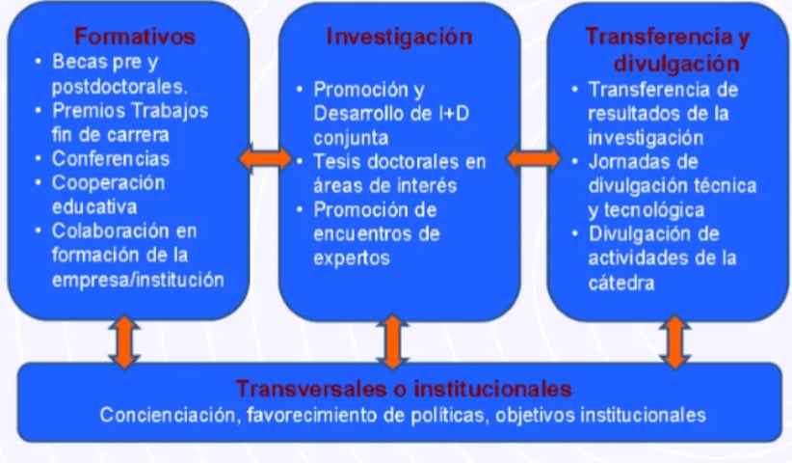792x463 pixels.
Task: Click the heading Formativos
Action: click(x=135, y=37)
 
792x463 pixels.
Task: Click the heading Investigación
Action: click(x=399, y=37)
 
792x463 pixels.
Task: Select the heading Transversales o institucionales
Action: click(x=404, y=390)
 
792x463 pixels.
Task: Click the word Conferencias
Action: click(x=110, y=158)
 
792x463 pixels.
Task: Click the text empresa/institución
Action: click(x=139, y=280)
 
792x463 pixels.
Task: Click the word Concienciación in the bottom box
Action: click(x=162, y=416)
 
